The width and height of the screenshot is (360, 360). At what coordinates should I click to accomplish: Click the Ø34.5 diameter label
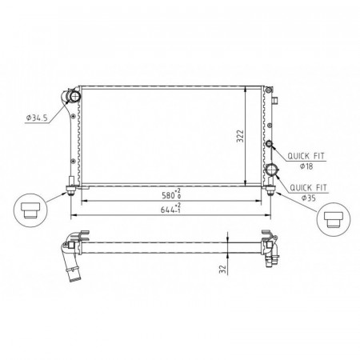pos(37,118)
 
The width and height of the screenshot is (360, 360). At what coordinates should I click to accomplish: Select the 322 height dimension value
pos(240,136)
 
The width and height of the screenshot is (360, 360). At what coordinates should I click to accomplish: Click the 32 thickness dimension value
pos(223,270)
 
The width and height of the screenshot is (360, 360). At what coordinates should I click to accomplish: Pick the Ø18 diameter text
pos(306,166)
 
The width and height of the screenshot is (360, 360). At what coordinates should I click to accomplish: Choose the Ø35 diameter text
pos(309,198)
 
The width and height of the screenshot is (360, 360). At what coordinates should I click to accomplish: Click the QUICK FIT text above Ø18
pos(306,156)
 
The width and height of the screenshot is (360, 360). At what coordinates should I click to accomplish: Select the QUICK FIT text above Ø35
pos(308,188)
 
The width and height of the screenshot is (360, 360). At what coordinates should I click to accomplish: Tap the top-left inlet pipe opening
pos(74,96)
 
